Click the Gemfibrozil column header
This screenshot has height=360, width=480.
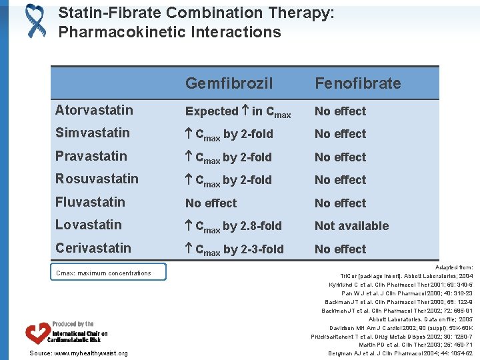229,83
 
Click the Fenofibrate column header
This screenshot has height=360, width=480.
357,83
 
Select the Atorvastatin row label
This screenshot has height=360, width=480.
94,110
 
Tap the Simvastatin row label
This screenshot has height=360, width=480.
92,133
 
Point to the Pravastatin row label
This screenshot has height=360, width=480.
91,156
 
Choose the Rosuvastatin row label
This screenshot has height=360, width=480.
97,179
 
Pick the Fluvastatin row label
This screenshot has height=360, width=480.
90,202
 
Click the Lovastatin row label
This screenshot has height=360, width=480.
88,225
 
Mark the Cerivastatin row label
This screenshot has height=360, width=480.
93,248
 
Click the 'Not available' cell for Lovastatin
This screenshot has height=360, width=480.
351,225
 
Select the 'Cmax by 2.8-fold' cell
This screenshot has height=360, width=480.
233,226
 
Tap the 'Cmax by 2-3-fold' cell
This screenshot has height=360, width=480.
234,249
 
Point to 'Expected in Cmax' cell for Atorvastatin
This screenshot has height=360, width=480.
237,112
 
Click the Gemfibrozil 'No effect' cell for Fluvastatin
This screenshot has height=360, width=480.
211,203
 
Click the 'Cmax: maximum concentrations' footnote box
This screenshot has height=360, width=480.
108,272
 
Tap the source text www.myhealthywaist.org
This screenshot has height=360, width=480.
79,353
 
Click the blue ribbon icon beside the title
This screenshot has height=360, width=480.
35,20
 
